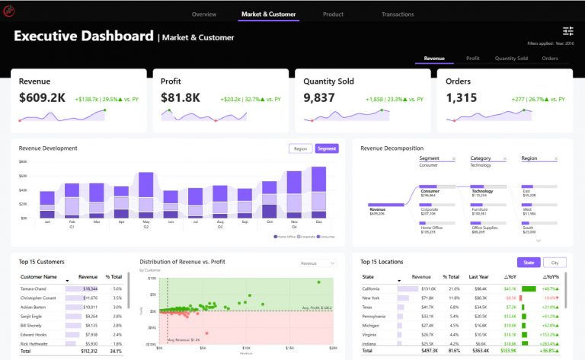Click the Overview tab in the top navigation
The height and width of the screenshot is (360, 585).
(203, 14)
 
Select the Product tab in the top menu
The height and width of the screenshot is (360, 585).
(333, 14)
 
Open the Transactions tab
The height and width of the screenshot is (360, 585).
(398, 14)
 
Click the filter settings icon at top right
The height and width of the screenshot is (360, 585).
(568, 31)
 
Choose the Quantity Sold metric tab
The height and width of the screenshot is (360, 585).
(511, 58)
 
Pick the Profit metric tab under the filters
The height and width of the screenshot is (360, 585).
(472, 58)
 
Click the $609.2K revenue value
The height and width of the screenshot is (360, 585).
(42, 98)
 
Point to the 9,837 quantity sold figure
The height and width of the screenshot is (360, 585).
(319, 98)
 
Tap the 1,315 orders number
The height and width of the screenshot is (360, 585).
(462, 98)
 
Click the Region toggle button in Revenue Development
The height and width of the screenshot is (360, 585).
(300, 148)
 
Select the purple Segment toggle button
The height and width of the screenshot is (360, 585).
(327, 148)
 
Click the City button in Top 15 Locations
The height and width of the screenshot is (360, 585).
(554, 263)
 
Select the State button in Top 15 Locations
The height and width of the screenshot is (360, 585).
(529, 263)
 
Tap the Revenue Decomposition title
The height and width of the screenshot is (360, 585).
(392, 148)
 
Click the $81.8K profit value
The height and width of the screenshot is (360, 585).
(181, 98)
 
